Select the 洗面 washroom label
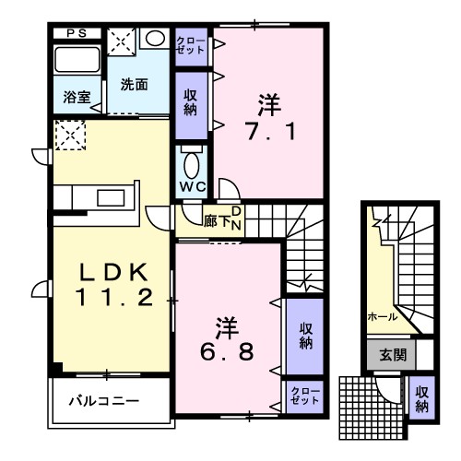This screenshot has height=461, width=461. [x=134, y=85]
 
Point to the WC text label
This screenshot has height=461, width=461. [x=192, y=186]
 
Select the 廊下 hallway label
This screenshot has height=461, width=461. [x=216, y=220]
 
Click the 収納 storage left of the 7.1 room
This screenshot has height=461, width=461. [x=191, y=100]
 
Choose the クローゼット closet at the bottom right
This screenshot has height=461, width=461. [x=304, y=396]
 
